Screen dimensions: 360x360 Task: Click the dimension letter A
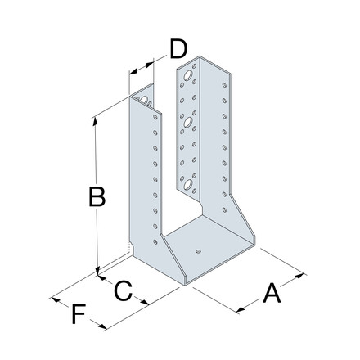272,293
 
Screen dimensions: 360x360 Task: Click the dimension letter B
97,196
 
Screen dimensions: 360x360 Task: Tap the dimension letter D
178,49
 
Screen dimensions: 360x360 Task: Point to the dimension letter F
79,314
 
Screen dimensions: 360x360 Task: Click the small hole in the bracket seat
199,251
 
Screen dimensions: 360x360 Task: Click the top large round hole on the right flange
188,75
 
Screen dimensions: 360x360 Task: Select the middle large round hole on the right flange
188,123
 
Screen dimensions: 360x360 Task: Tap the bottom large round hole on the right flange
188,185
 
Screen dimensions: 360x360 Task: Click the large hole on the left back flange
144,100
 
